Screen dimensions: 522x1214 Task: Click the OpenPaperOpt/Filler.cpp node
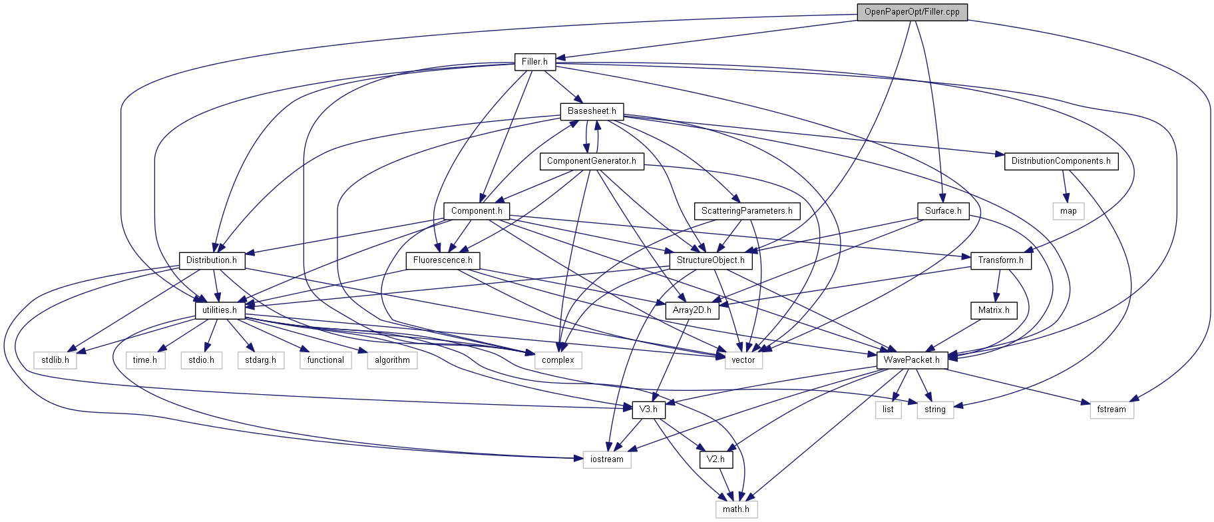[x=912, y=12]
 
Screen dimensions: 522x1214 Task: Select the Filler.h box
[x=534, y=62]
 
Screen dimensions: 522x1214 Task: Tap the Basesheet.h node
[x=591, y=111]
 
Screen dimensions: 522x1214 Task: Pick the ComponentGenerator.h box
[x=591, y=161]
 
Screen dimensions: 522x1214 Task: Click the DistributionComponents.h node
[x=1060, y=161]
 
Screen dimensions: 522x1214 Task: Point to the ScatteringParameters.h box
[x=746, y=211]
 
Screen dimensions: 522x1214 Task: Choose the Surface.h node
[x=943, y=211]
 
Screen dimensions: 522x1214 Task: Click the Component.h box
[x=477, y=211]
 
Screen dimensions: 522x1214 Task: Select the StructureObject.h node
[x=711, y=260]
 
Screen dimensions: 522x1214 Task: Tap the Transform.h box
[x=1000, y=260]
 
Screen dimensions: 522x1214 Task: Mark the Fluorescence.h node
[x=443, y=260]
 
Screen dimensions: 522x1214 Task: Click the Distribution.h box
[x=212, y=260]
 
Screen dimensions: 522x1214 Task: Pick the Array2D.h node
[x=692, y=310]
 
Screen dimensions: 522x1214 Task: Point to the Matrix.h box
[x=994, y=310]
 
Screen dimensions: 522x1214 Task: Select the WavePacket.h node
[x=912, y=360]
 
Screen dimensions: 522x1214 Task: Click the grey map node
[x=1068, y=211]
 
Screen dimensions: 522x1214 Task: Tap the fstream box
[x=1112, y=409]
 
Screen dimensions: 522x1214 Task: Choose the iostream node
[x=607, y=459]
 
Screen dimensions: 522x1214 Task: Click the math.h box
[x=736, y=509]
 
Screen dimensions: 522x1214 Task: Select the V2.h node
[x=715, y=459]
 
